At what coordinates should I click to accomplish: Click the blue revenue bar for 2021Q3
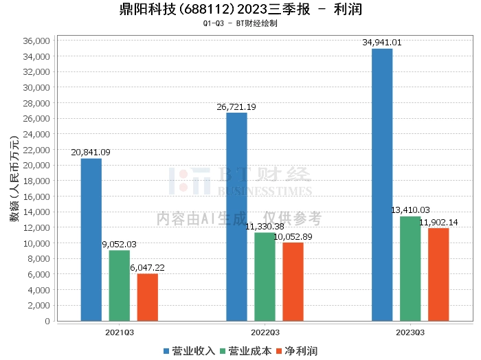pos(91,240)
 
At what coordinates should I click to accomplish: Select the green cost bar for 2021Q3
pos(119,285)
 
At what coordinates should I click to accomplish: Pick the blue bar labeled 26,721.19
pos(236,216)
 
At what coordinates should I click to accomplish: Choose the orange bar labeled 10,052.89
pos(293,282)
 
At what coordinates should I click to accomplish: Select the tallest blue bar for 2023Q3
pos(382,185)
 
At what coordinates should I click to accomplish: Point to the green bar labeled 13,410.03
pos(410,269)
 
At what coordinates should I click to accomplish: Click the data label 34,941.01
pos(382,43)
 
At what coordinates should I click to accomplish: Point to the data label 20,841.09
pos(91,153)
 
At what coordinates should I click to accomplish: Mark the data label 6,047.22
pos(147,267)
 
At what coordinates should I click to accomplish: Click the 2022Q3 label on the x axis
pos(265,331)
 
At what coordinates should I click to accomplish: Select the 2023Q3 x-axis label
pos(410,331)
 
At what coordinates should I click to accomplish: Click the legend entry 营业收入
pos(190,351)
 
